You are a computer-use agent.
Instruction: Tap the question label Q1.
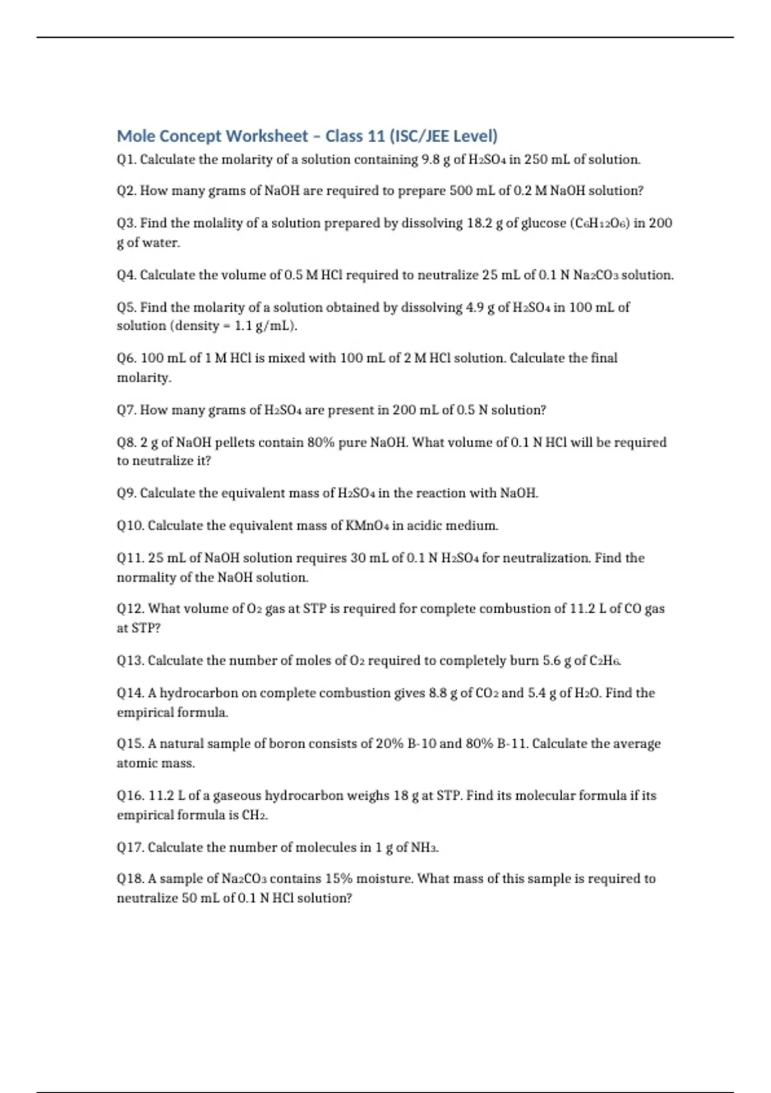[126, 159]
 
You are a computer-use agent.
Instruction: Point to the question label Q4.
[126, 275]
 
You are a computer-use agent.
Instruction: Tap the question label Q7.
[126, 410]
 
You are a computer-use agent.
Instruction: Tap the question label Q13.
[130, 661]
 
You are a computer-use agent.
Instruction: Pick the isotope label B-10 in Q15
[422, 744]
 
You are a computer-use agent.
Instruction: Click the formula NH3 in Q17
[425, 847]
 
